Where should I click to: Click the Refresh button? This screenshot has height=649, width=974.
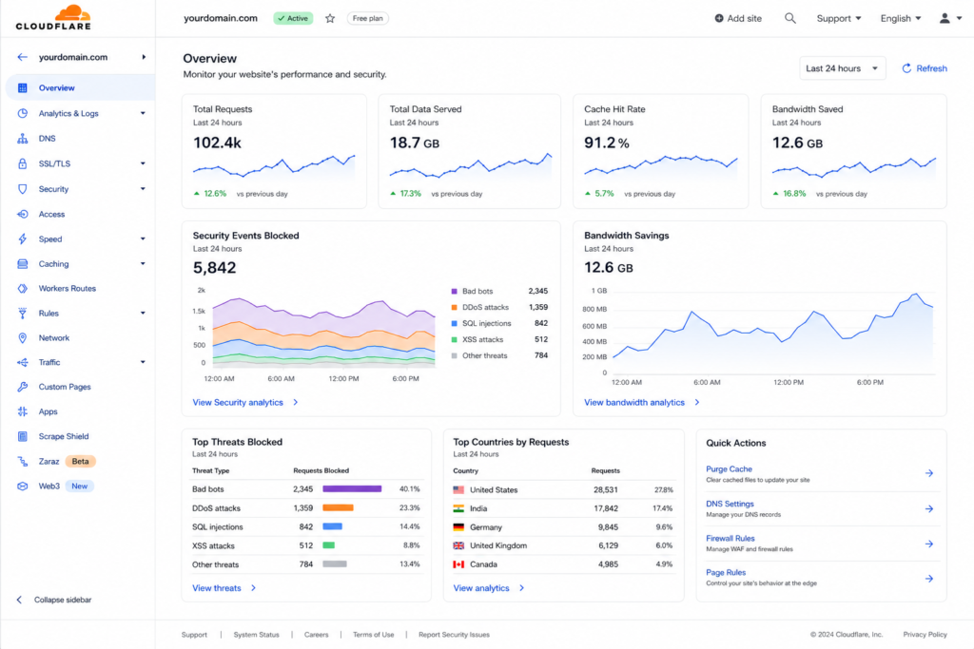coord(925,68)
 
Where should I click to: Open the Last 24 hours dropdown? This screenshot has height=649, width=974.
coord(842,68)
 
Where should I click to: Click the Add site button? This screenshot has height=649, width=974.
coord(738,19)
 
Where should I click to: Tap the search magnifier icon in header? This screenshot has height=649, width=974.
coord(789,19)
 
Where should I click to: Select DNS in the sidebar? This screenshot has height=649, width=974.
coord(47,139)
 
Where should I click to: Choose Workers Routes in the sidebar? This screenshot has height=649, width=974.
coord(68,289)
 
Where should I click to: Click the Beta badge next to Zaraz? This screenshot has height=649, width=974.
coord(80,461)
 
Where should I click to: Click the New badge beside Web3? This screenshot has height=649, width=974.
coord(80,486)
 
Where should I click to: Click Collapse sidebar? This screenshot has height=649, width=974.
coord(62,600)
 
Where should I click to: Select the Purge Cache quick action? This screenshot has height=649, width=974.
coord(729,469)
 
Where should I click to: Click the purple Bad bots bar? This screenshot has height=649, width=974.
coord(352,489)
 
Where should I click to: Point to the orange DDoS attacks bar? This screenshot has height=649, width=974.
coord(338,507)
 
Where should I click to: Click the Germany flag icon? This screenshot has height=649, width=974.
coord(458,526)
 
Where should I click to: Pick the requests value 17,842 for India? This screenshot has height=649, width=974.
coord(606,508)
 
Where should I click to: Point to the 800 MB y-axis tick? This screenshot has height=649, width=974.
coord(594,309)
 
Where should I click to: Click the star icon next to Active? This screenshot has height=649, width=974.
coord(330,19)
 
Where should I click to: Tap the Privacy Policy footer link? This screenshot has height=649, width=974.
coord(925,634)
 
